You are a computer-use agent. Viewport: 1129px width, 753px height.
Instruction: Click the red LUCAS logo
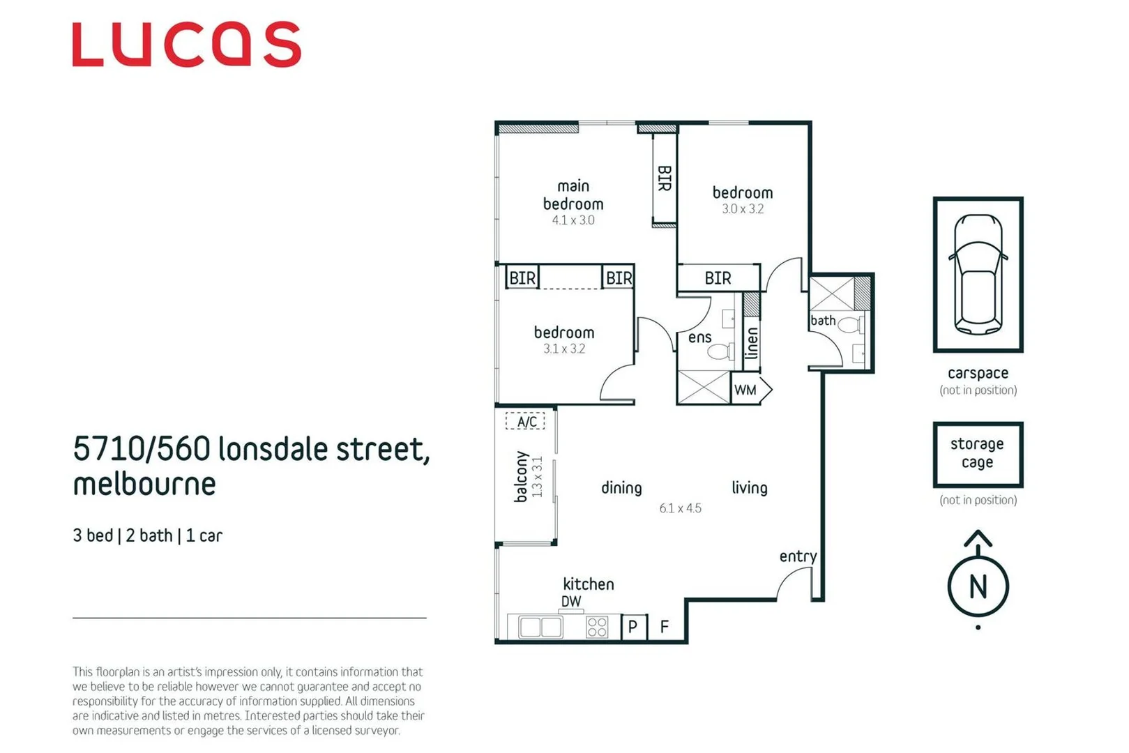pyautogui.click(x=187, y=45)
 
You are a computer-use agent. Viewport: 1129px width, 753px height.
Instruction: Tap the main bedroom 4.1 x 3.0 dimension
pyautogui.click(x=573, y=220)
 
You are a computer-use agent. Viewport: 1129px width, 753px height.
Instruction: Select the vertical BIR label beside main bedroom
pyautogui.click(x=665, y=178)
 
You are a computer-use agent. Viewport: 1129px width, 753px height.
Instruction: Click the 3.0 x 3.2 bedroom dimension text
pyautogui.click(x=743, y=209)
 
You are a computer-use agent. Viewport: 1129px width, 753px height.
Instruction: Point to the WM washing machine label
pyautogui.click(x=745, y=390)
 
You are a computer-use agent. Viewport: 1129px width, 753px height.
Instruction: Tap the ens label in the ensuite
pyautogui.click(x=699, y=337)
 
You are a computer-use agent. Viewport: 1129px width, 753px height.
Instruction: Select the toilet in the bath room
pyautogui.click(x=851, y=325)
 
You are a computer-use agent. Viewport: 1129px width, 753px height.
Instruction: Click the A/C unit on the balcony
pyautogui.click(x=526, y=422)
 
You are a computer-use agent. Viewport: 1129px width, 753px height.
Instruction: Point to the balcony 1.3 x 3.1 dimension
pyautogui.click(x=538, y=478)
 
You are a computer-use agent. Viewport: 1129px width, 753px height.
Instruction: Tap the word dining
pyautogui.click(x=621, y=488)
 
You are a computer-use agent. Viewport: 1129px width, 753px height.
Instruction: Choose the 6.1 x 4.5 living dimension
pyautogui.click(x=681, y=508)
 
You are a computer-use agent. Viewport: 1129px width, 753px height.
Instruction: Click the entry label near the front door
pyautogui.click(x=798, y=556)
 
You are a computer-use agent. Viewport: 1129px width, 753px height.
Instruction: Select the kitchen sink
pyautogui.click(x=540, y=627)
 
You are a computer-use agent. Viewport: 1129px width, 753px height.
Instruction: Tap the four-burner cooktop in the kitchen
pyautogui.click(x=596, y=627)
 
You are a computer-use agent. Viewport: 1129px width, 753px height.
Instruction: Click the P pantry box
pyautogui.click(x=632, y=627)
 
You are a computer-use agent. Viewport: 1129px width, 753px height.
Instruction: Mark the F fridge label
pyautogui.click(x=665, y=627)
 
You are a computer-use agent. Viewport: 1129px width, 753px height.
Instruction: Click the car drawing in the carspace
pyautogui.click(x=978, y=274)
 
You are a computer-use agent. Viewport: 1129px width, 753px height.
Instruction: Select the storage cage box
pyautogui.click(x=978, y=454)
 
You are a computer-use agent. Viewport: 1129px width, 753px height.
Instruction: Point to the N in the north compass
pyautogui.click(x=978, y=587)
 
